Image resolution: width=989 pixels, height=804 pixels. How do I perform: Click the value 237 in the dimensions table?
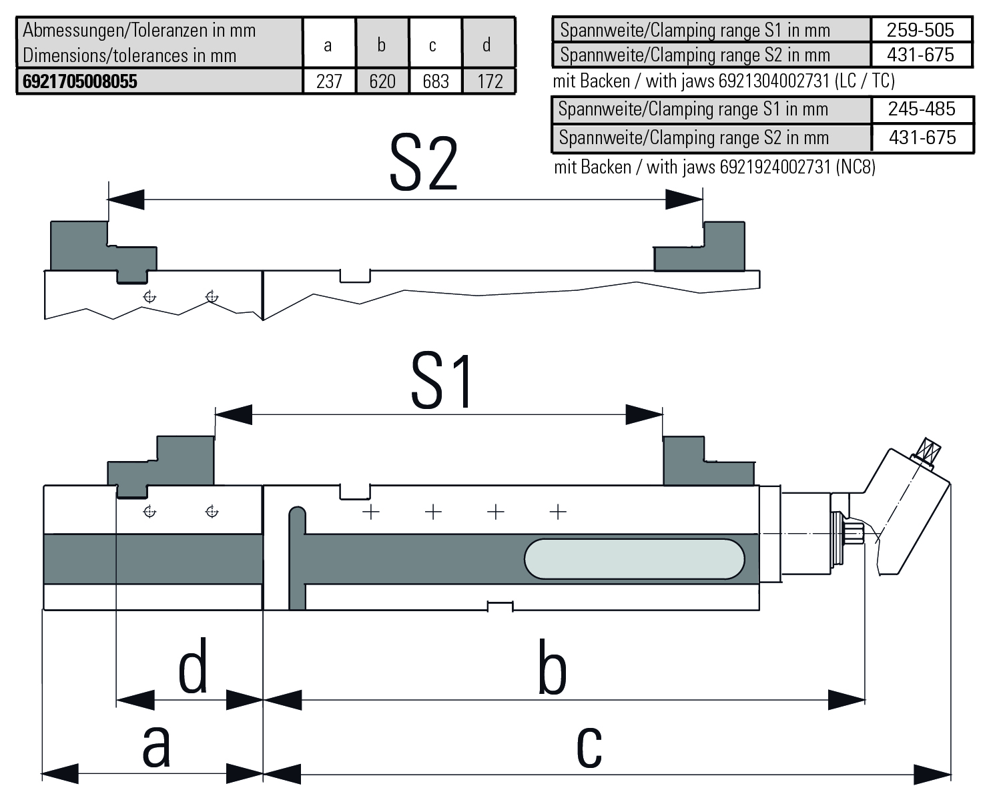click(x=328, y=81)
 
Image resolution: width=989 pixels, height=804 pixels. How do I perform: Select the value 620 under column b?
click(x=382, y=81)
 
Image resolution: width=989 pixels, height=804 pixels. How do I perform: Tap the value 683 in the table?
click(x=435, y=81)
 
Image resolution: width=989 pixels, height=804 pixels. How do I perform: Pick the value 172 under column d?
click(x=490, y=81)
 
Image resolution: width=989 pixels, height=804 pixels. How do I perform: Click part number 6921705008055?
click(x=80, y=81)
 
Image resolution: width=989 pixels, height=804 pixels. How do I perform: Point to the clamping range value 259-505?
click(x=920, y=30)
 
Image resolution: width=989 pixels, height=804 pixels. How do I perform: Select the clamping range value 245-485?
click(x=921, y=109)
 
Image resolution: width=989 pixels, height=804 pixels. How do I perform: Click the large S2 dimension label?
click(x=423, y=164)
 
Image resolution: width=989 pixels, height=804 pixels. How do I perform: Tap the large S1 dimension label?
click(x=442, y=381)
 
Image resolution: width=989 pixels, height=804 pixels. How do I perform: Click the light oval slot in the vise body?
click(x=634, y=558)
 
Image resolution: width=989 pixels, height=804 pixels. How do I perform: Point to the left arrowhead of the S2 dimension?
click(x=125, y=199)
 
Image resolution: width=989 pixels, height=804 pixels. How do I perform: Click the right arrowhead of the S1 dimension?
click(x=644, y=414)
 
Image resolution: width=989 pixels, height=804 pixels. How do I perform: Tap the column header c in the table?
click(x=433, y=45)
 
